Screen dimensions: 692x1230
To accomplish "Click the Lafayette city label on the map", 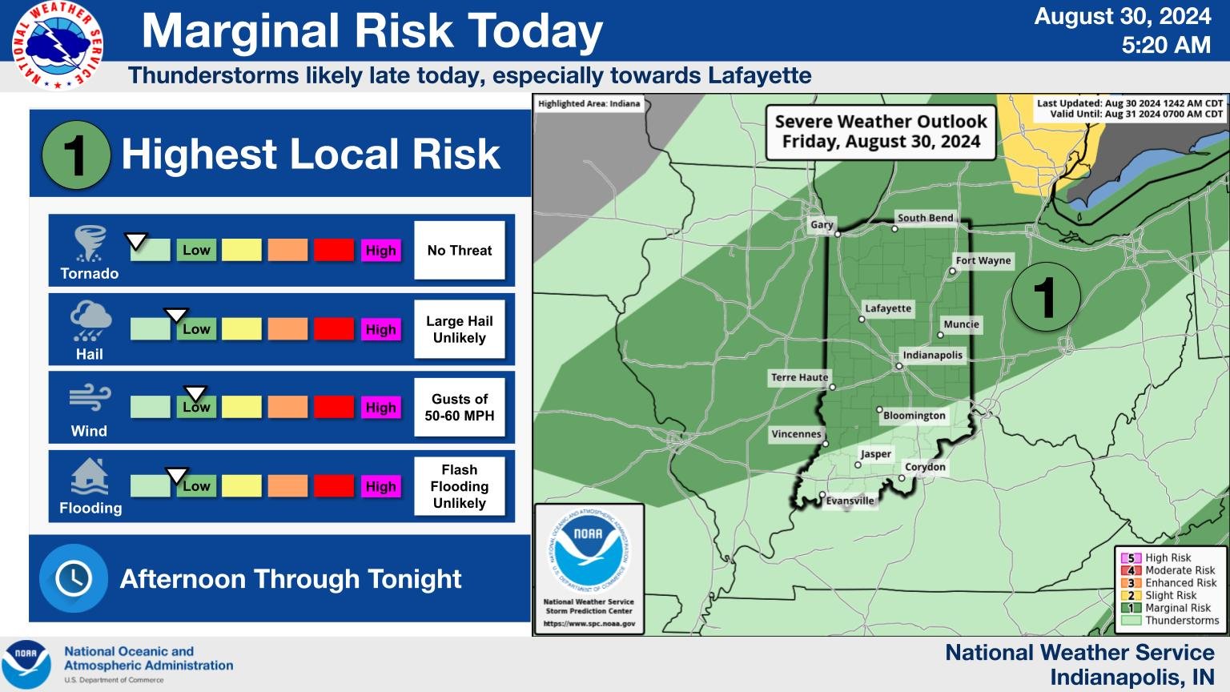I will click(x=888, y=308).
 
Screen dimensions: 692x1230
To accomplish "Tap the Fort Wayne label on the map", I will click(x=983, y=260).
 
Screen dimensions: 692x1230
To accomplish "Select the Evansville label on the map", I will click(x=850, y=501).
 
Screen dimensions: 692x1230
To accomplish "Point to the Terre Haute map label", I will click(x=799, y=377).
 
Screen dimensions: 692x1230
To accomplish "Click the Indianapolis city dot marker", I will click(x=899, y=367).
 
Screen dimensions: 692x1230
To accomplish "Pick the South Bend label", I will click(x=925, y=218).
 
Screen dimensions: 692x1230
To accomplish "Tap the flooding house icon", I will click(x=90, y=477).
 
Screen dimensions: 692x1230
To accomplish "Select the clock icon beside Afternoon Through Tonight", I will click(x=73, y=578).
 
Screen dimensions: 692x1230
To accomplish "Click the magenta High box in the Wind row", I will click(x=381, y=407).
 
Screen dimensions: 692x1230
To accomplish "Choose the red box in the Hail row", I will click(x=334, y=329).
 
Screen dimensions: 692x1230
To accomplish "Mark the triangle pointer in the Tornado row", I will click(x=136, y=240).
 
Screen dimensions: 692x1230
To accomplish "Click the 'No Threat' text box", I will click(x=460, y=251).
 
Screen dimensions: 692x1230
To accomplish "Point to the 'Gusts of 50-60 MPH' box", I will click(x=460, y=408).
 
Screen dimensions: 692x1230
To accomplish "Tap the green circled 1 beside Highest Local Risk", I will click(x=75, y=155).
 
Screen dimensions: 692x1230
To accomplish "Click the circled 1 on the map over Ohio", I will click(x=1045, y=296).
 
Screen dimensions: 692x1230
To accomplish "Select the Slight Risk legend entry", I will click(x=1170, y=595).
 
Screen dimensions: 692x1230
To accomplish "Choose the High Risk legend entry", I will click(x=1168, y=557).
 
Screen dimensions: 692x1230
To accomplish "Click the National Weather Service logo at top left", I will click(x=57, y=46).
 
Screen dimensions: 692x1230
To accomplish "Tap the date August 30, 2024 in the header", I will click(x=1122, y=17).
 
